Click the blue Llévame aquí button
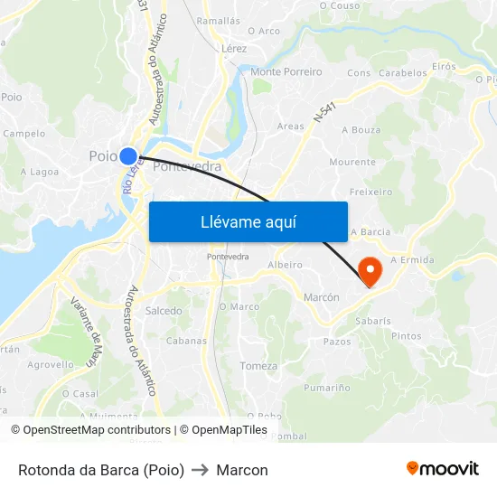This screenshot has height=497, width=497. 248,221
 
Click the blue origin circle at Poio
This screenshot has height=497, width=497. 128,156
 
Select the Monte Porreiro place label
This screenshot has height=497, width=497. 286,71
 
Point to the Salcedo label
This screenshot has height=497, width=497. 164,310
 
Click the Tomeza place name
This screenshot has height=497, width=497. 259,365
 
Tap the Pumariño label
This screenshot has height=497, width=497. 327,388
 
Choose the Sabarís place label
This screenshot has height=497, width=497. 373,320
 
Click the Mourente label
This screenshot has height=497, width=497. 352,162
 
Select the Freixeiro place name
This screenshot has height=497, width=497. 370,192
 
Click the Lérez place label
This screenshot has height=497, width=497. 233,48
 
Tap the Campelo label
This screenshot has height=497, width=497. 24,133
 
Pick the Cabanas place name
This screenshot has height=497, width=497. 187,341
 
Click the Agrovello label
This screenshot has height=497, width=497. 51,365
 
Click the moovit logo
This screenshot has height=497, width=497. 442,468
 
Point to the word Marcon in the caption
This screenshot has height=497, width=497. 242,470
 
